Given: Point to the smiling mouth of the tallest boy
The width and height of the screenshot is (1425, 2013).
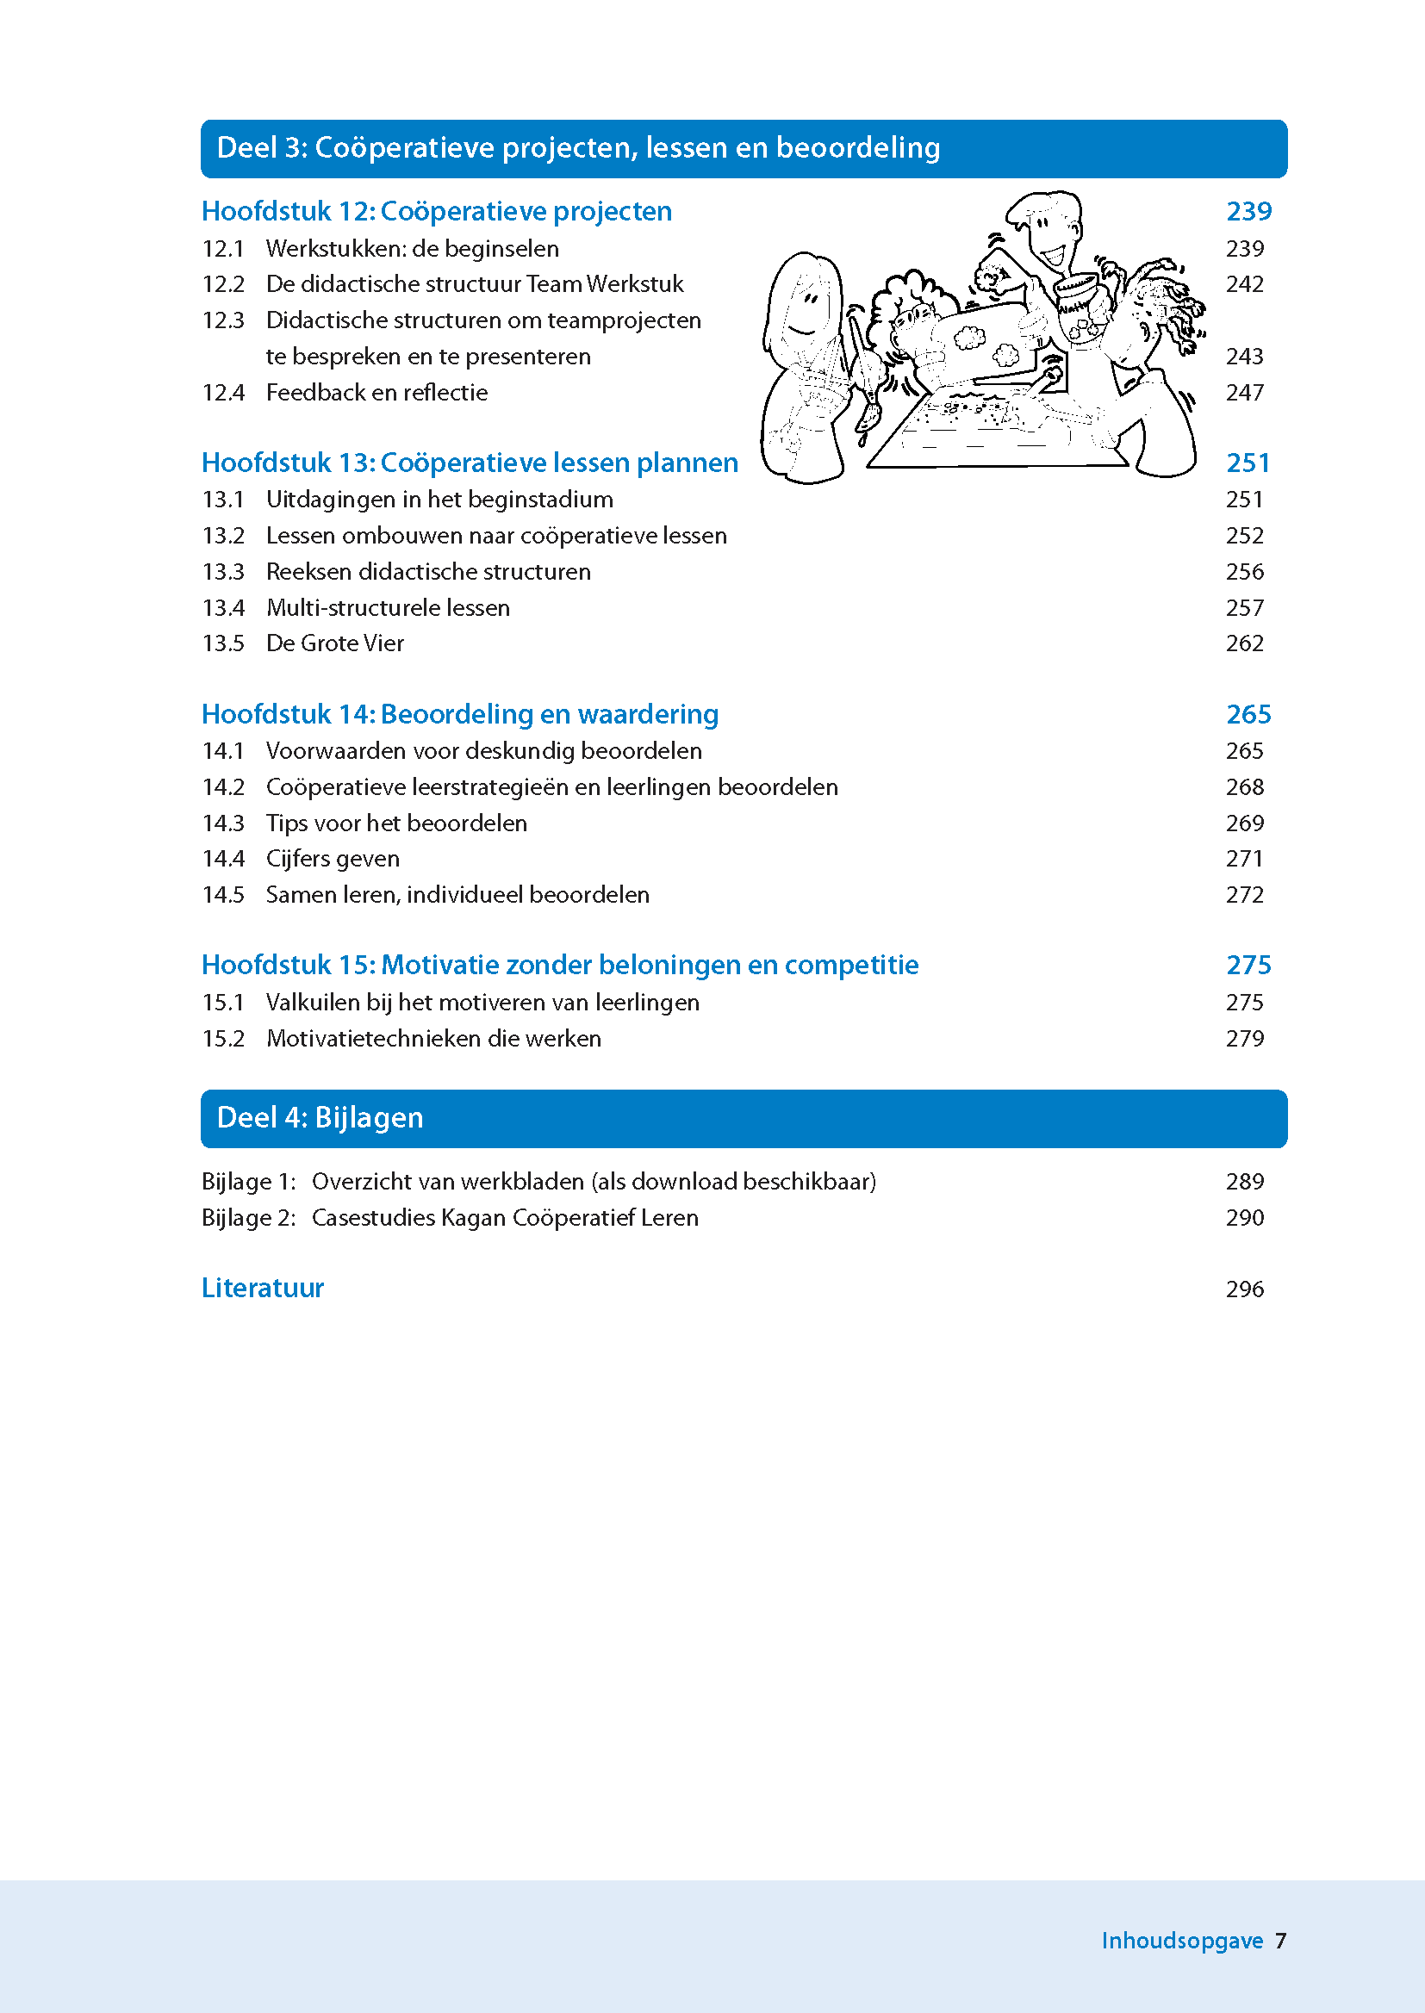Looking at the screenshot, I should click(x=1052, y=257).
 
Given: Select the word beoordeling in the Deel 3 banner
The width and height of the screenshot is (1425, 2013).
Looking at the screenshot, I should click(x=857, y=148).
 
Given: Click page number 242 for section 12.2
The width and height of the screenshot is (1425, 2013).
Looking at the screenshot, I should click(x=1244, y=284).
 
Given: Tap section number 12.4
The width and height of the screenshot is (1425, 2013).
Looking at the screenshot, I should click(x=223, y=393).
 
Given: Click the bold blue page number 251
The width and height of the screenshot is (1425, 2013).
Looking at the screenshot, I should click(x=1248, y=463).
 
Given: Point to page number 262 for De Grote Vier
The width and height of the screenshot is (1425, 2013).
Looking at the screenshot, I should click(x=1244, y=643).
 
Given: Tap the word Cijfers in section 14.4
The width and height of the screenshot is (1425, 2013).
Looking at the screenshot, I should click(x=296, y=859).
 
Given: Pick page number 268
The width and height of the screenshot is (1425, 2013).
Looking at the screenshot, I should click(x=1244, y=786).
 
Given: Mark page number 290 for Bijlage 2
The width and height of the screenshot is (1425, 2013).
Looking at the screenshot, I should click(x=1244, y=1217).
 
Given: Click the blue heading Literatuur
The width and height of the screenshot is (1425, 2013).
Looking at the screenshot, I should click(x=263, y=1288).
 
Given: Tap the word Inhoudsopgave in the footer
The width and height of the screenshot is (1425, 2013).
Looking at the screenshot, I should click(x=1181, y=1940).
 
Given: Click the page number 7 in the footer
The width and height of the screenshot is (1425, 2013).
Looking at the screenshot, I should click(x=1280, y=1940).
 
